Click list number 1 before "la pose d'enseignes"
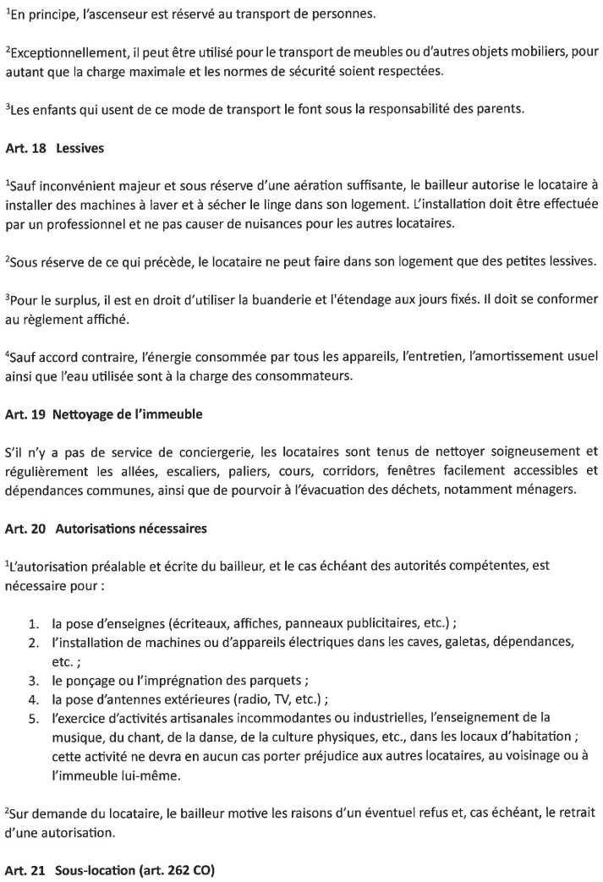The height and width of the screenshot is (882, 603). pyautogui.click(x=35, y=624)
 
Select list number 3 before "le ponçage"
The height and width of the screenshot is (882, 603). pyautogui.click(x=35, y=680)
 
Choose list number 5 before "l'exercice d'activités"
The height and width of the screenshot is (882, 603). pyautogui.click(x=35, y=717)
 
